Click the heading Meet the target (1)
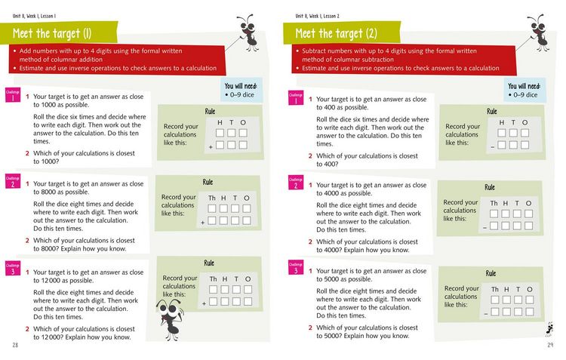pos(52,33)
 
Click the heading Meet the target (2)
pos(336,33)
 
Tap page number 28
pos(15,345)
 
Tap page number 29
pos(550,345)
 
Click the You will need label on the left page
pos(241,87)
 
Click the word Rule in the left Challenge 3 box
pos(209,263)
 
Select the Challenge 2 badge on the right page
pos(295,182)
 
